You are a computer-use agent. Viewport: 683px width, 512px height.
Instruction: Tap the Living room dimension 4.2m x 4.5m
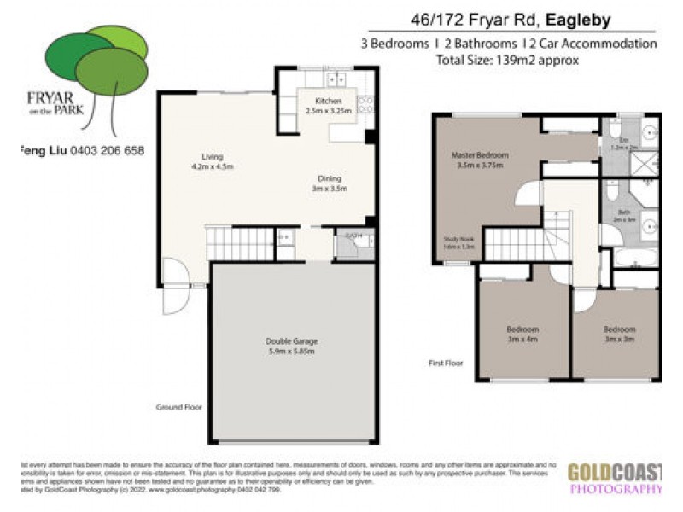pos(212,166)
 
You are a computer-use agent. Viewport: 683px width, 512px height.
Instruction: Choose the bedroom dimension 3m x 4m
pos(522,340)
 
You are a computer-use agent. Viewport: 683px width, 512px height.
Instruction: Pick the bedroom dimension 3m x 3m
pos(619,340)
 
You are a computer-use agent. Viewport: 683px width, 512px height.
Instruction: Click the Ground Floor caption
pos(178,407)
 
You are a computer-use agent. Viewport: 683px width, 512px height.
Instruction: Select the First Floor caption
pos(446,363)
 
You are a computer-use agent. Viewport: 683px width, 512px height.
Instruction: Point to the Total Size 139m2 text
pos(507,61)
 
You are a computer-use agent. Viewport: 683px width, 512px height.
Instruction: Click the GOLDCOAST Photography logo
pos(614,478)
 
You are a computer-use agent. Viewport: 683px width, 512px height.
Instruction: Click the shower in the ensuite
pos(645,162)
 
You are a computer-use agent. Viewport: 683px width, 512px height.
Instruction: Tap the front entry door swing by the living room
pos(174,286)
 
